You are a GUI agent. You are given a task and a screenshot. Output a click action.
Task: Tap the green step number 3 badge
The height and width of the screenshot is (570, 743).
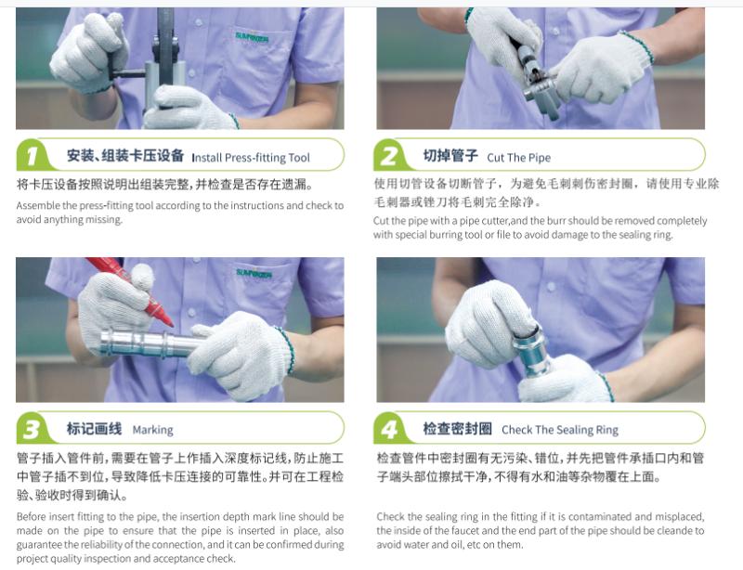tap(33, 429)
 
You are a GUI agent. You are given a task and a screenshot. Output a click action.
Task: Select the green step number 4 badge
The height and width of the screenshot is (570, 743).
tap(390, 429)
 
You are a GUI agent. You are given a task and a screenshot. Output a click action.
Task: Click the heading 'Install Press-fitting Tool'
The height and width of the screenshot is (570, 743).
tap(251, 157)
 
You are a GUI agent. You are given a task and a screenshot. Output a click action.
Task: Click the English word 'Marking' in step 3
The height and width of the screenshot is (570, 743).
tap(152, 430)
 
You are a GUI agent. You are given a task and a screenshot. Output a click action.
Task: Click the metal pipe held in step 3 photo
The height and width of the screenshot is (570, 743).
tap(149, 344)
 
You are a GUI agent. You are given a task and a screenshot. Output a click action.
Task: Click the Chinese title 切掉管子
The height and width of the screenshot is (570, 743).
tap(450, 156)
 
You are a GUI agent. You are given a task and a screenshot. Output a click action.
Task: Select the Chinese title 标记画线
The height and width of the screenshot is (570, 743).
tap(94, 429)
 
